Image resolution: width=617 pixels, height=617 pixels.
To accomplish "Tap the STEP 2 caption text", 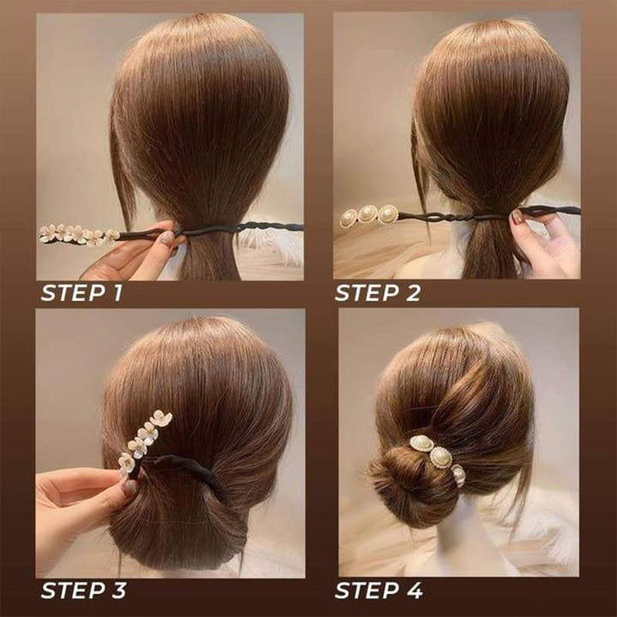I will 377,293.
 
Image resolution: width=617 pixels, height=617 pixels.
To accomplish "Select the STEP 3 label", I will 84,590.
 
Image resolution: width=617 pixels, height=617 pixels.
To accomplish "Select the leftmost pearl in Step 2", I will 349,219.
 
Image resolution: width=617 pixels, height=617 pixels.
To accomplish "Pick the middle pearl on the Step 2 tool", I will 368,214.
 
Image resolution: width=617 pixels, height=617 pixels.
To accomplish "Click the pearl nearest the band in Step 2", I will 388,213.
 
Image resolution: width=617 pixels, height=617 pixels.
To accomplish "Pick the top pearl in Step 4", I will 422,443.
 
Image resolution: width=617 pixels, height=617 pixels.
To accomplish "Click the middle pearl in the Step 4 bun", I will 441,457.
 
